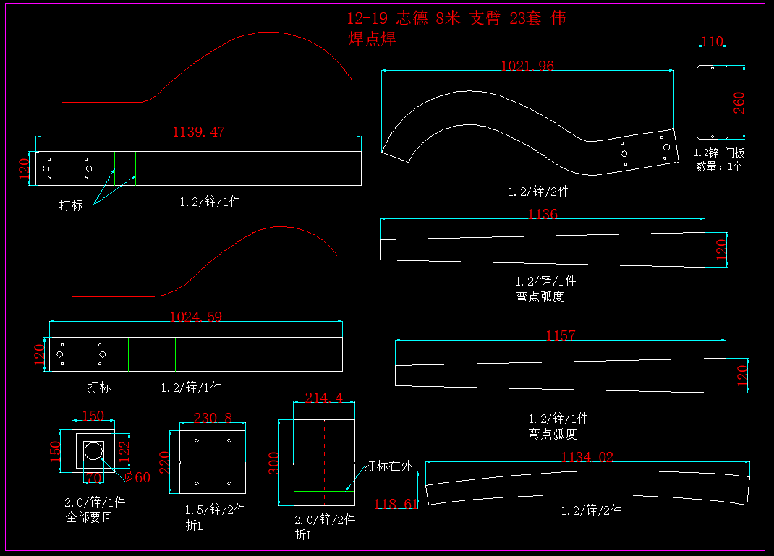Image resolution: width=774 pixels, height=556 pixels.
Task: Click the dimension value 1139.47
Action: (x=198, y=132)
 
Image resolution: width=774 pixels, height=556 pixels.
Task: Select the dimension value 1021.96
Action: (x=527, y=66)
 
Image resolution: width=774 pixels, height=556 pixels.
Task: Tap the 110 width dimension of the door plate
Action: (x=713, y=41)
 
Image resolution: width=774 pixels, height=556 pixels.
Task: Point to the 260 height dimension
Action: (x=739, y=103)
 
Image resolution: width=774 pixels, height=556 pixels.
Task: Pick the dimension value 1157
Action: (x=561, y=335)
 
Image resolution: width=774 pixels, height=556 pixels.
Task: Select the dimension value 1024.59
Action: (x=195, y=317)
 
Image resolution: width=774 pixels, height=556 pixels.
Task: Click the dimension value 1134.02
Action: (x=587, y=457)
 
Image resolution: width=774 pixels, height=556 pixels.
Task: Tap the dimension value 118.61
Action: (x=396, y=504)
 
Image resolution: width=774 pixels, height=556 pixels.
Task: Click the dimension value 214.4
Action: (x=323, y=398)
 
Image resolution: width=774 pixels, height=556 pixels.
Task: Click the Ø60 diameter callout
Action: (x=137, y=477)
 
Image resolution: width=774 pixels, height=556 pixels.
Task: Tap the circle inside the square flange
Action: (x=93, y=451)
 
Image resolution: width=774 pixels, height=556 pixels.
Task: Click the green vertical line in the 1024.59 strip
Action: (x=175, y=354)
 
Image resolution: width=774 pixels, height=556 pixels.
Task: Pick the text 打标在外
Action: (x=388, y=466)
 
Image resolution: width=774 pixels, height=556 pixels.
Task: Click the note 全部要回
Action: (x=89, y=517)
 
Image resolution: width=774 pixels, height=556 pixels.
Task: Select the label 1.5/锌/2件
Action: (x=216, y=510)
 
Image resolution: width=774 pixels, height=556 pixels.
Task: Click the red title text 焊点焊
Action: (x=372, y=39)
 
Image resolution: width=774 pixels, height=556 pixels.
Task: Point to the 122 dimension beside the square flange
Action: (x=122, y=450)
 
